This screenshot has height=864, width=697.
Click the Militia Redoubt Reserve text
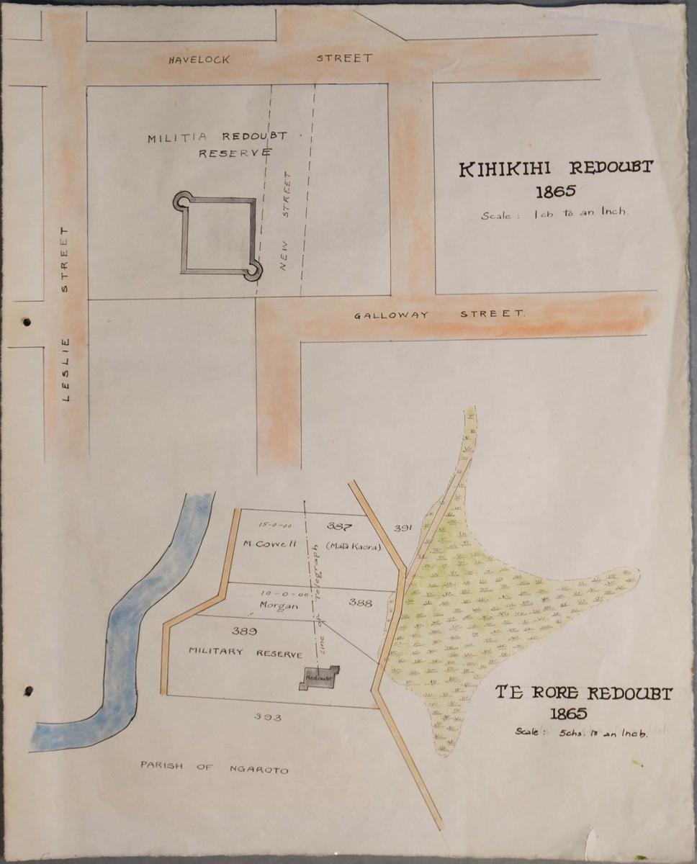217,144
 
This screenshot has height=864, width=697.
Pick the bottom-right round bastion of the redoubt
253,272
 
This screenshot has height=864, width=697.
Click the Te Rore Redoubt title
583,694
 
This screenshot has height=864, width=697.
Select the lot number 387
338,526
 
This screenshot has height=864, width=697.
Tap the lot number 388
360,602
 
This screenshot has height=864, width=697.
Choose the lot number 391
403,528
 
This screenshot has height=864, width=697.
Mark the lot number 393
267,717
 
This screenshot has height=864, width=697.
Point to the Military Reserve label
245,652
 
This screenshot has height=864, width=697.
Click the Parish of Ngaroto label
214,768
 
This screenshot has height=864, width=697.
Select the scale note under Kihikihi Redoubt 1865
556,213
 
